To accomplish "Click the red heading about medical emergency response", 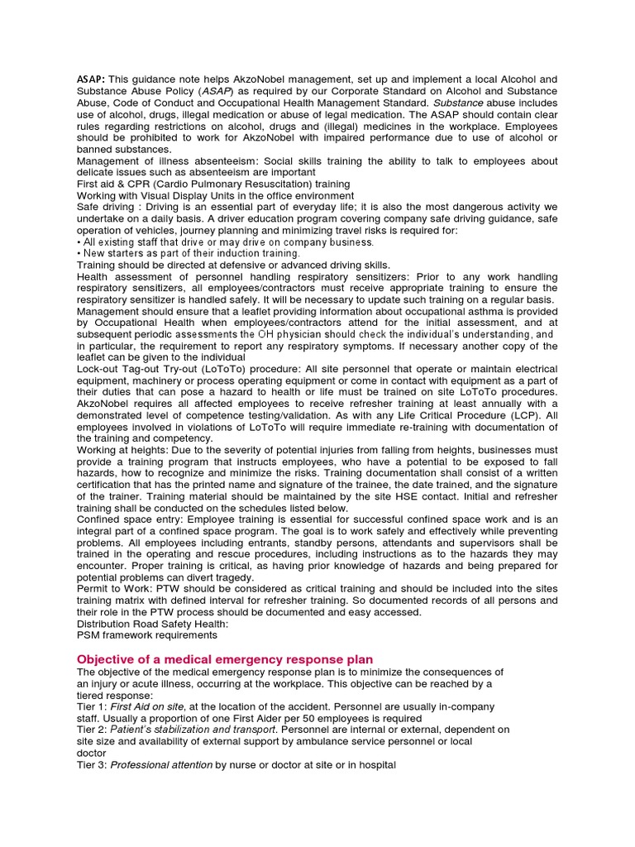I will [x=225, y=659].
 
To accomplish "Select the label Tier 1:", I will [x=92, y=707].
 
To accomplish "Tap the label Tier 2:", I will [x=92, y=730].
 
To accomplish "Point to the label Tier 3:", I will [x=92, y=766].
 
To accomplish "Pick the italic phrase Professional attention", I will [x=161, y=766].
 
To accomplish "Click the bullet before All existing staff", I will [x=79, y=242].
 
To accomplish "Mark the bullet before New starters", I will [x=79, y=254].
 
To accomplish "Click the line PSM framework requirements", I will [x=146, y=635].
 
